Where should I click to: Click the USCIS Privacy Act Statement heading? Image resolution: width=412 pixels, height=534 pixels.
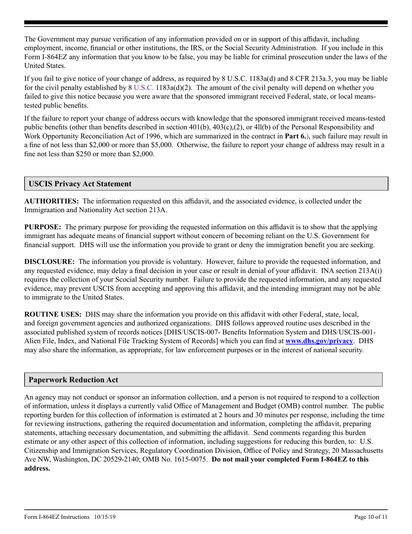click(x=80, y=184)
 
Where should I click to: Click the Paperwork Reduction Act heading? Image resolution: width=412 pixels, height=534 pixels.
click(x=73, y=380)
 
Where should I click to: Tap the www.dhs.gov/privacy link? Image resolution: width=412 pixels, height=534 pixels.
click(x=319, y=341)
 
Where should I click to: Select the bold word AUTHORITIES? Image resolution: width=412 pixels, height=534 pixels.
click(x=52, y=201)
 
